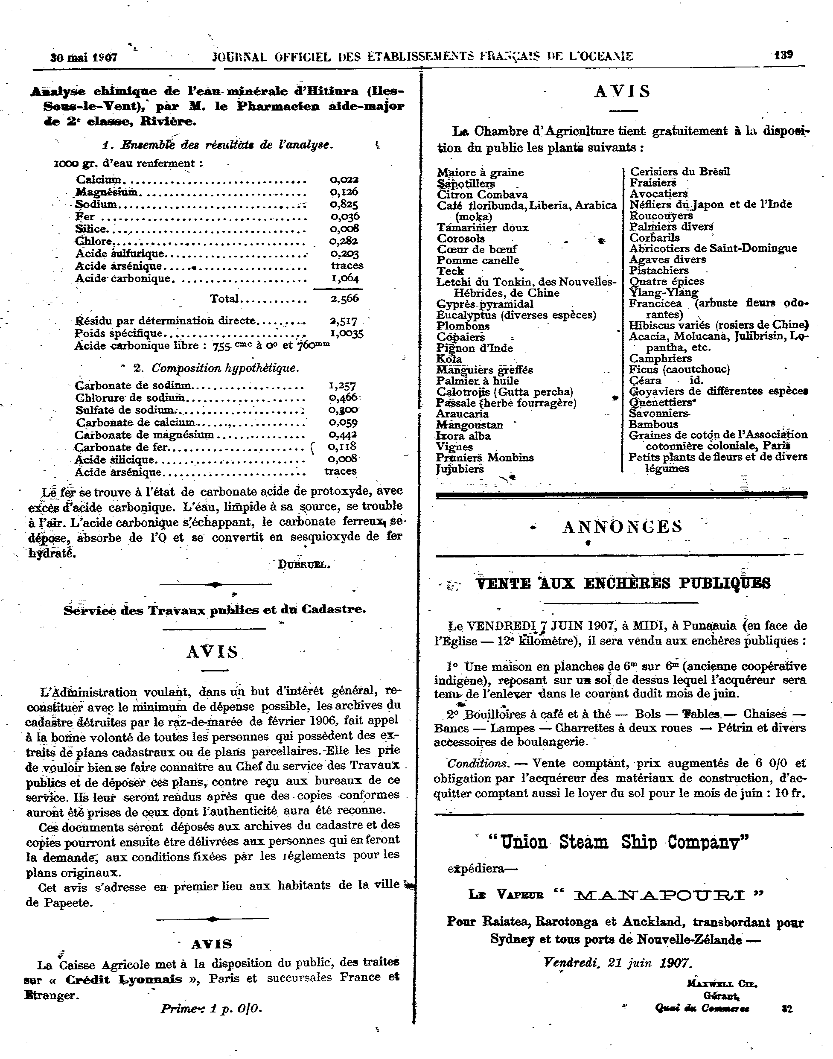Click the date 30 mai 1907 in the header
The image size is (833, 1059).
point(84,58)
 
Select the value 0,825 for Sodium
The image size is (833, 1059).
point(344,204)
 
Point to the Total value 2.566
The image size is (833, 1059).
point(344,298)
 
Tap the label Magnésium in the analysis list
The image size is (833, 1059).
point(107,192)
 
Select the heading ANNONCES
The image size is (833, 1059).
point(622,527)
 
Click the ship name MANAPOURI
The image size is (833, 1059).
point(659,895)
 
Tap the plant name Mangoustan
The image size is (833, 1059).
point(469,425)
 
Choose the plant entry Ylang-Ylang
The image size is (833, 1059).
point(664,292)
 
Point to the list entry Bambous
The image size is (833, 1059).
point(653,424)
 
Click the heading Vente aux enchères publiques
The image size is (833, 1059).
point(623,583)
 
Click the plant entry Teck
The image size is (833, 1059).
point(450,271)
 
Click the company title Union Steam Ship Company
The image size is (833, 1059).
point(618,843)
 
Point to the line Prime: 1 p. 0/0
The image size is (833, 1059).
point(211,1008)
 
